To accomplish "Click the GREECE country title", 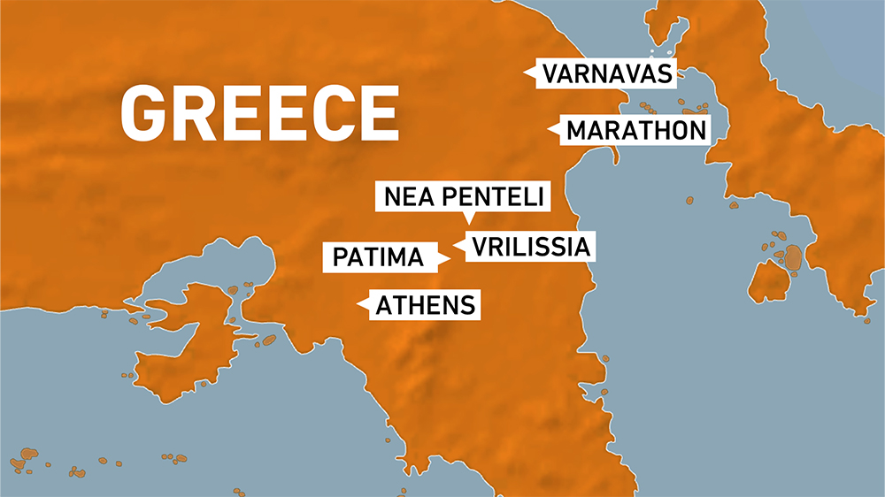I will (x=259, y=112).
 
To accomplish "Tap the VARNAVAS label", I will (x=608, y=73).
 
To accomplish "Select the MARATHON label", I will (x=635, y=131).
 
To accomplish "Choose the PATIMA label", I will (x=379, y=257).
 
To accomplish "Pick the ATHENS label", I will (x=426, y=305).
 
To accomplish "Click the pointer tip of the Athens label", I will (x=358, y=305).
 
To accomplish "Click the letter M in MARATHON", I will (x=577, y=131).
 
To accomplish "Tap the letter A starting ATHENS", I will (x=385, y=305).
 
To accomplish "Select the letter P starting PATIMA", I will (x=340, y=257).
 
